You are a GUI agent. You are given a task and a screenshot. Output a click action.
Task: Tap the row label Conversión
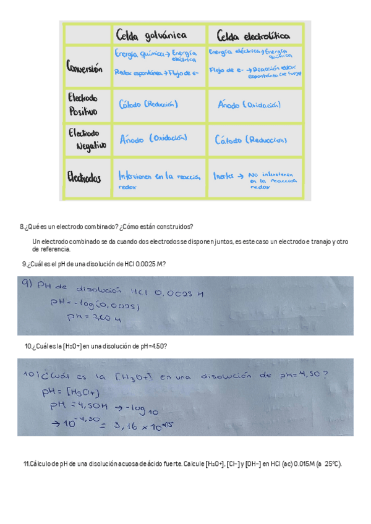click(85, 69)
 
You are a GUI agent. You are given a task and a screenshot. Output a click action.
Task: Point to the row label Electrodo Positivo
click(83, 104)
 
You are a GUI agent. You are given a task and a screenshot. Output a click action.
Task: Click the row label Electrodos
click(84, 177)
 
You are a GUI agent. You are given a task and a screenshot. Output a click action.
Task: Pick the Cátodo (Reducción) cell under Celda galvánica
click(148, 104)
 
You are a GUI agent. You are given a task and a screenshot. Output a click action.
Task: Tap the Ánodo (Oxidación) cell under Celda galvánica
click(153, 140)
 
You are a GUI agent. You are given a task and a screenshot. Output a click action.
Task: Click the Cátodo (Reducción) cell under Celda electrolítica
click(250, 140)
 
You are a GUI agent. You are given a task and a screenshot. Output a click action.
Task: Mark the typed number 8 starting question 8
click(22, 227)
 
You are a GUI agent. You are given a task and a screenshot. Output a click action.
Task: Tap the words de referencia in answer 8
click(51, 250)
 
